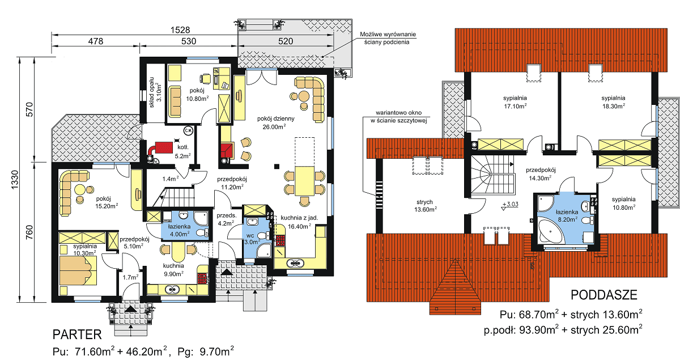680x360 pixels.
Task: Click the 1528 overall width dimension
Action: tap(180, 30)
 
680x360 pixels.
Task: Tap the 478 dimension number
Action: tap(96, 41)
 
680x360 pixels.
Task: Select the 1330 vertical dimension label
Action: tap(15, 180)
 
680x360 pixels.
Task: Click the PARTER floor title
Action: tap(77, 334)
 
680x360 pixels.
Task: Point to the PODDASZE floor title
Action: tap(604, 295)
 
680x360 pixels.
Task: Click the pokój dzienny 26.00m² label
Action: tap(275, 122)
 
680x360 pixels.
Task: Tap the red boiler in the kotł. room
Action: tap(163, 147)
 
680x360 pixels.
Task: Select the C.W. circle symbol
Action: tap(188, 130)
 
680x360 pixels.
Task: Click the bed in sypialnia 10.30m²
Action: tap(78, 270)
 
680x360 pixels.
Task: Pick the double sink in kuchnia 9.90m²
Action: tap(172, 289)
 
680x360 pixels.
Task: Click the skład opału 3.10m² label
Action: tap(155, 92)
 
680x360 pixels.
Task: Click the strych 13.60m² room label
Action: tap(426, 206)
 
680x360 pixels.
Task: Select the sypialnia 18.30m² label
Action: tap(613, 102)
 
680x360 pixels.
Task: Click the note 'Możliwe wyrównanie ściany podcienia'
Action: tap(388, 39)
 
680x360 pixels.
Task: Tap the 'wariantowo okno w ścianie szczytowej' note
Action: tap(398, 117)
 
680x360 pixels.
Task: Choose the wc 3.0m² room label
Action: tap(252, 239)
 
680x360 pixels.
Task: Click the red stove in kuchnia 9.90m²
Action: tap(202, 278)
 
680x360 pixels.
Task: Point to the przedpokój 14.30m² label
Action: tap(541, 174)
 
